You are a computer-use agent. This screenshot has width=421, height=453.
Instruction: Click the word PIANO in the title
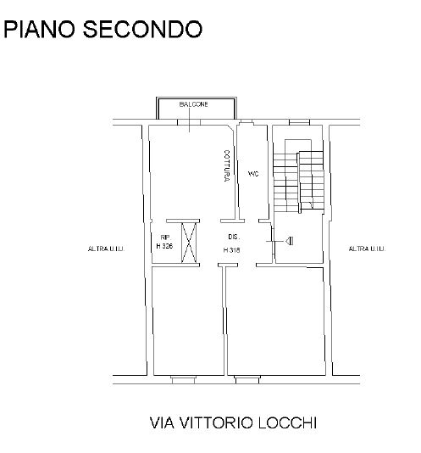(39, 29)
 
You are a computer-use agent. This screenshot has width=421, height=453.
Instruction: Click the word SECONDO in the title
(142, 29)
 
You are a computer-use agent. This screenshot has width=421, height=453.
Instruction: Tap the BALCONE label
(193, 104)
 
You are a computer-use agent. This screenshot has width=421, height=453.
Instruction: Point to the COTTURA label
(227, 165)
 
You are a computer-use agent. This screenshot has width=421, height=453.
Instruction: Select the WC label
(253, 174)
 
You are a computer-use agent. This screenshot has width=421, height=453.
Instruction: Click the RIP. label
(166, 238)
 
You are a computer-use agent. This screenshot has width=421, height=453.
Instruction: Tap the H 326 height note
(164, 246)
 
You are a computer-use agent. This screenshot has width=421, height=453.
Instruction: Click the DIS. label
(234, 237)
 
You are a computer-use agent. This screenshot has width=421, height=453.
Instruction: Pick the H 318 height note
(232, 250)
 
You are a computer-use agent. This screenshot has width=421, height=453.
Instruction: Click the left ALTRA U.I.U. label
(106, 249)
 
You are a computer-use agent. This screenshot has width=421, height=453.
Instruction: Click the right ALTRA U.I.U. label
(367, 249)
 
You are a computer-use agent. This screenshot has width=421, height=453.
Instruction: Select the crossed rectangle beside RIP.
(189, 243)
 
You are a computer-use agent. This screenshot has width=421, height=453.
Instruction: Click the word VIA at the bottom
(162, 423)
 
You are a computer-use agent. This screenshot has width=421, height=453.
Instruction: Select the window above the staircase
(299, 122)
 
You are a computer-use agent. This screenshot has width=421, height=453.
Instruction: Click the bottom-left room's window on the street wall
(183, 379)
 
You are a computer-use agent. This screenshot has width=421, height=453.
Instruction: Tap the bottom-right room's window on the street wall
(247, 379)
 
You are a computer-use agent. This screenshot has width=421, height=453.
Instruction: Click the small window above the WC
(247, 122)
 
